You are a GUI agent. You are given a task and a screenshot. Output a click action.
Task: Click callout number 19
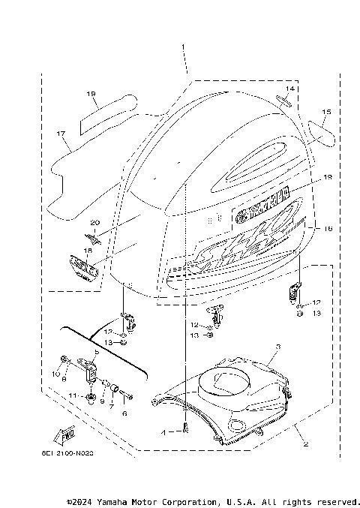point(91,94)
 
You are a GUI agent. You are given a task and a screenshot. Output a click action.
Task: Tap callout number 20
point(95,222)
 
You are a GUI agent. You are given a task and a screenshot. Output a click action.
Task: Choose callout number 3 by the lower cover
point(277,347)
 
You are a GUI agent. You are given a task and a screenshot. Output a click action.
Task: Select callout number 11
point(72,393)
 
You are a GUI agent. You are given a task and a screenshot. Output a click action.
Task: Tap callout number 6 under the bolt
point(125,413)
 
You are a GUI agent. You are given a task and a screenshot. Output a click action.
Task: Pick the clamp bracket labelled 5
point(91,368)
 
